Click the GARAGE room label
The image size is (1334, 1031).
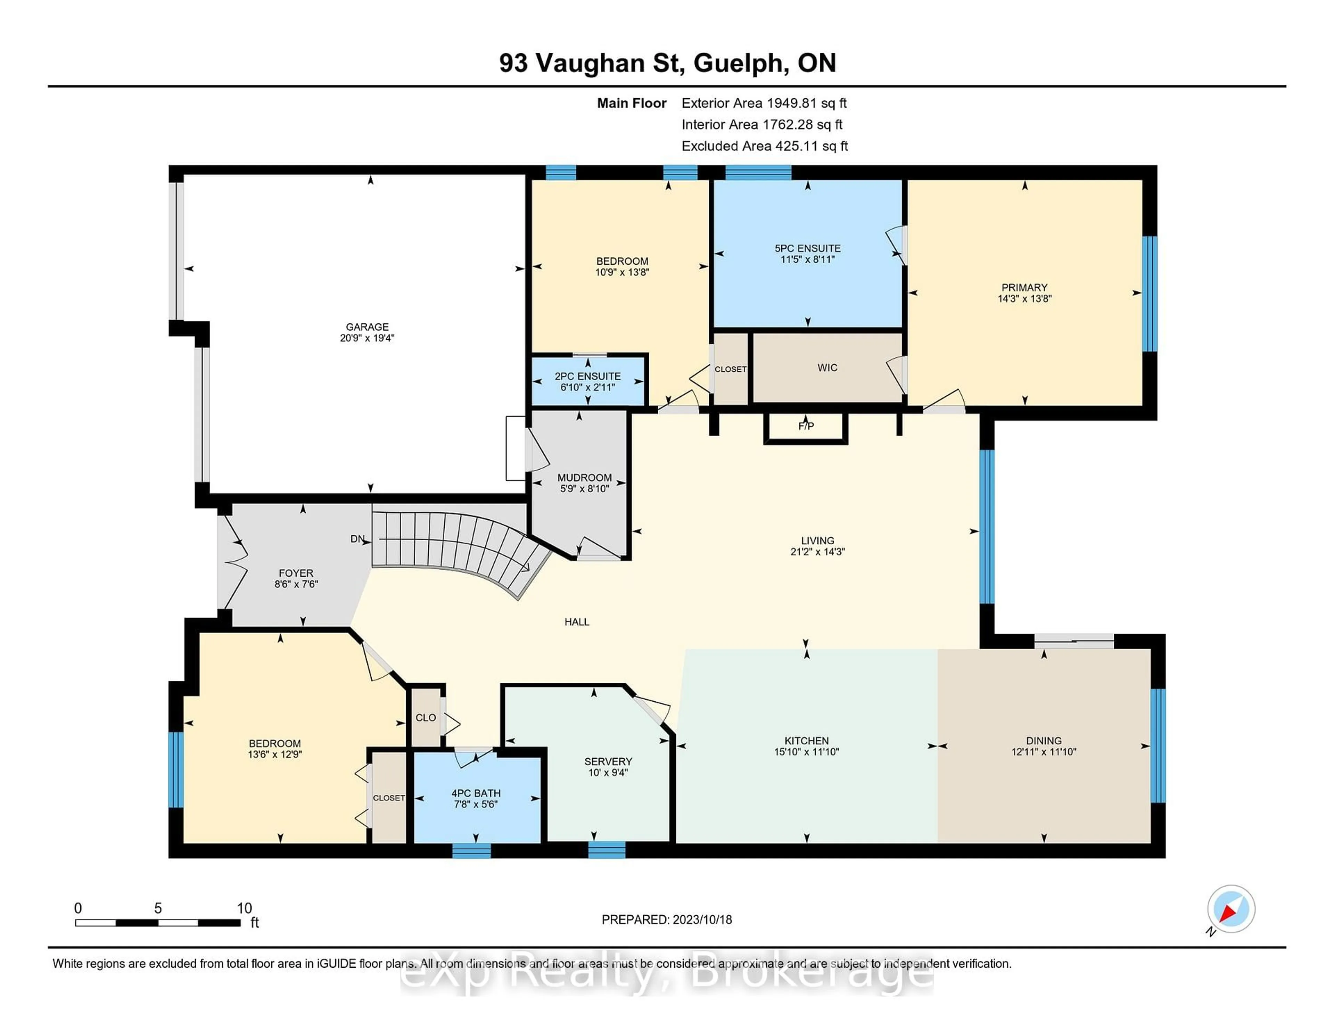pyautogui.click(x=367, y=327)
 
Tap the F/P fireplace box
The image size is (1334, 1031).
pyautogui.click(x=806, y=426)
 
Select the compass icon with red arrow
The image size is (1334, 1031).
pyautogui.click(x=1231, y=909)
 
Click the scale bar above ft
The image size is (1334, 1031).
pyautogui.click(x=158, y=922)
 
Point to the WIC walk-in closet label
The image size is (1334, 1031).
pyautogui.click(x=827, y=368)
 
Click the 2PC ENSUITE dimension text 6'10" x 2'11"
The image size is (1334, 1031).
pyautogui.click(x=587, y=387)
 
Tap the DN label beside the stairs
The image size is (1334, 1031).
pyautogui.click(x=357, y=539)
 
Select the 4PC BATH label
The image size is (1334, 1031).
pyautogui.click(x=476, y=793)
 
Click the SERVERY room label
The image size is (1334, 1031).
pyautogui.click(x=608, y=761)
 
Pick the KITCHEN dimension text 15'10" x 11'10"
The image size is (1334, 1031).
pyautogui.click(x=806, y=752)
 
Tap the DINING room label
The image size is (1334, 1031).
pyautogui.click(x=1043, y=740)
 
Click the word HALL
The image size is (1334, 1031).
pyautogui.click(x=577, y=622)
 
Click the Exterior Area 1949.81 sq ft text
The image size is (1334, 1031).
pyautogui.click(x=764, y=103)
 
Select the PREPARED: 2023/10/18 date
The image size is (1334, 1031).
pyautogui.click(x=666, y=919)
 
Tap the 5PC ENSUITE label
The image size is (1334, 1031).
pyautogui.click(x=807, y=248)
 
